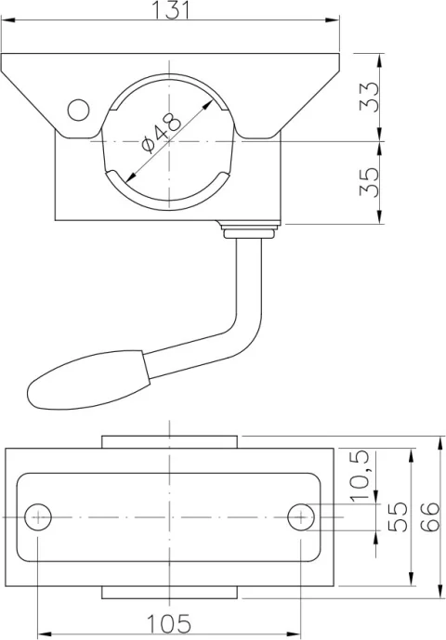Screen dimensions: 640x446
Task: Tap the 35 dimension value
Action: point(371,182)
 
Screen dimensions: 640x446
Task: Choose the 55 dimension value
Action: point(399,516)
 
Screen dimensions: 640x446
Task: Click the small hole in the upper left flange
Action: point(79,111)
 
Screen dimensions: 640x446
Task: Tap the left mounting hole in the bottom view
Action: point(38,516)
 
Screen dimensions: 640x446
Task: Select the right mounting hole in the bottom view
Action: point(301,516)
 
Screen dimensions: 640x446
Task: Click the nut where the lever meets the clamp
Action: point(251,229)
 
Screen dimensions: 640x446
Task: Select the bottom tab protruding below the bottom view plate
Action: point(170,593)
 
